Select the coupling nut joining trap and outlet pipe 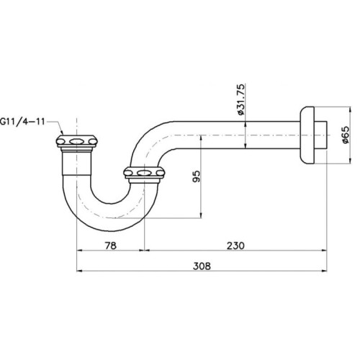point(145,173)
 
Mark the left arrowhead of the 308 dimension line point(80,271)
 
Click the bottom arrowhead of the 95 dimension point(201,217)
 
